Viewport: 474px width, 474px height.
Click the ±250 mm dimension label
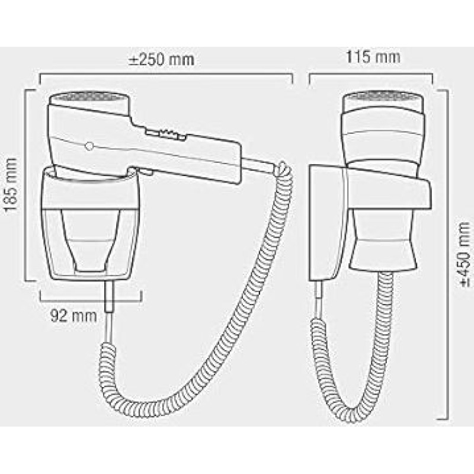point(161,59)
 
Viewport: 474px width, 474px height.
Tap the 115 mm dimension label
point(373,57)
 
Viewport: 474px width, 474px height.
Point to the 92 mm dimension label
point(73,316)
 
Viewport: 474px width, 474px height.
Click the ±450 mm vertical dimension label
point(464,254)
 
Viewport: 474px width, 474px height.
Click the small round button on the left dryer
point(89,146)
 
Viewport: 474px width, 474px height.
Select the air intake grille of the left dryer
point(90,97)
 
